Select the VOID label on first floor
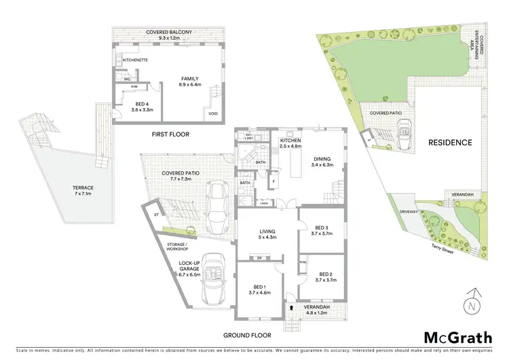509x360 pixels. pyautogui.click(x=213, y=113)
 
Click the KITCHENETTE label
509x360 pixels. pyautogui.click(x=136, y=60)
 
